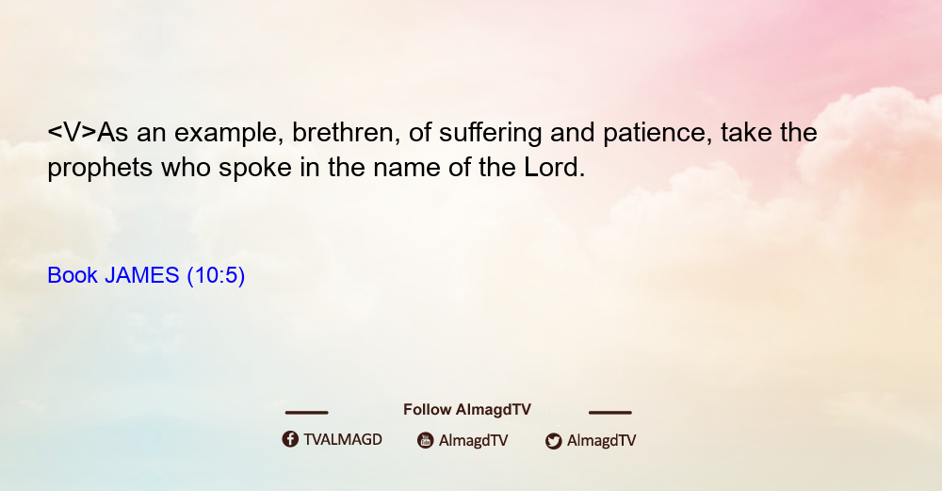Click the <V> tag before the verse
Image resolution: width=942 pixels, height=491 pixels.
tap(73, 133)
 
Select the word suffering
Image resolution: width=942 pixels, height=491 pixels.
tap(490, 134)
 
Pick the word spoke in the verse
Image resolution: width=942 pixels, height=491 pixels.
tap(255, 169)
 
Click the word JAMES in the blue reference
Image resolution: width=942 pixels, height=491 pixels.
tap(142, 275)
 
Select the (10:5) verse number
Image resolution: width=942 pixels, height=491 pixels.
tap(217, 276)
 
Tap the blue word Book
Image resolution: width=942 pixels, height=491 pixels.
tap(73, 275)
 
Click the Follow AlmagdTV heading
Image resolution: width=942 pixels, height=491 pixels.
tap(467, 410)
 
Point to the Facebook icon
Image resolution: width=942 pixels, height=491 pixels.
tap(290, 439)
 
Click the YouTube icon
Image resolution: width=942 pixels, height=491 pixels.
tap(426, 440)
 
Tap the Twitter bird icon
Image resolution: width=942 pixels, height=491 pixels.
tap(553, 441)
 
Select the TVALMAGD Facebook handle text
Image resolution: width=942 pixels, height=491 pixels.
tap(343, 440)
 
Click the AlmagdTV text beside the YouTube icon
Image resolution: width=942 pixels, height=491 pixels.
tap(474, 440)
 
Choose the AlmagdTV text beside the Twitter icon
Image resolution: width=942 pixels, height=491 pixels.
tap(601, 440)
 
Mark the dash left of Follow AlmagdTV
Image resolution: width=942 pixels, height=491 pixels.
tap(306, 413)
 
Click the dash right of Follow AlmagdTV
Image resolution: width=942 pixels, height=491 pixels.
tap(610, 413)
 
